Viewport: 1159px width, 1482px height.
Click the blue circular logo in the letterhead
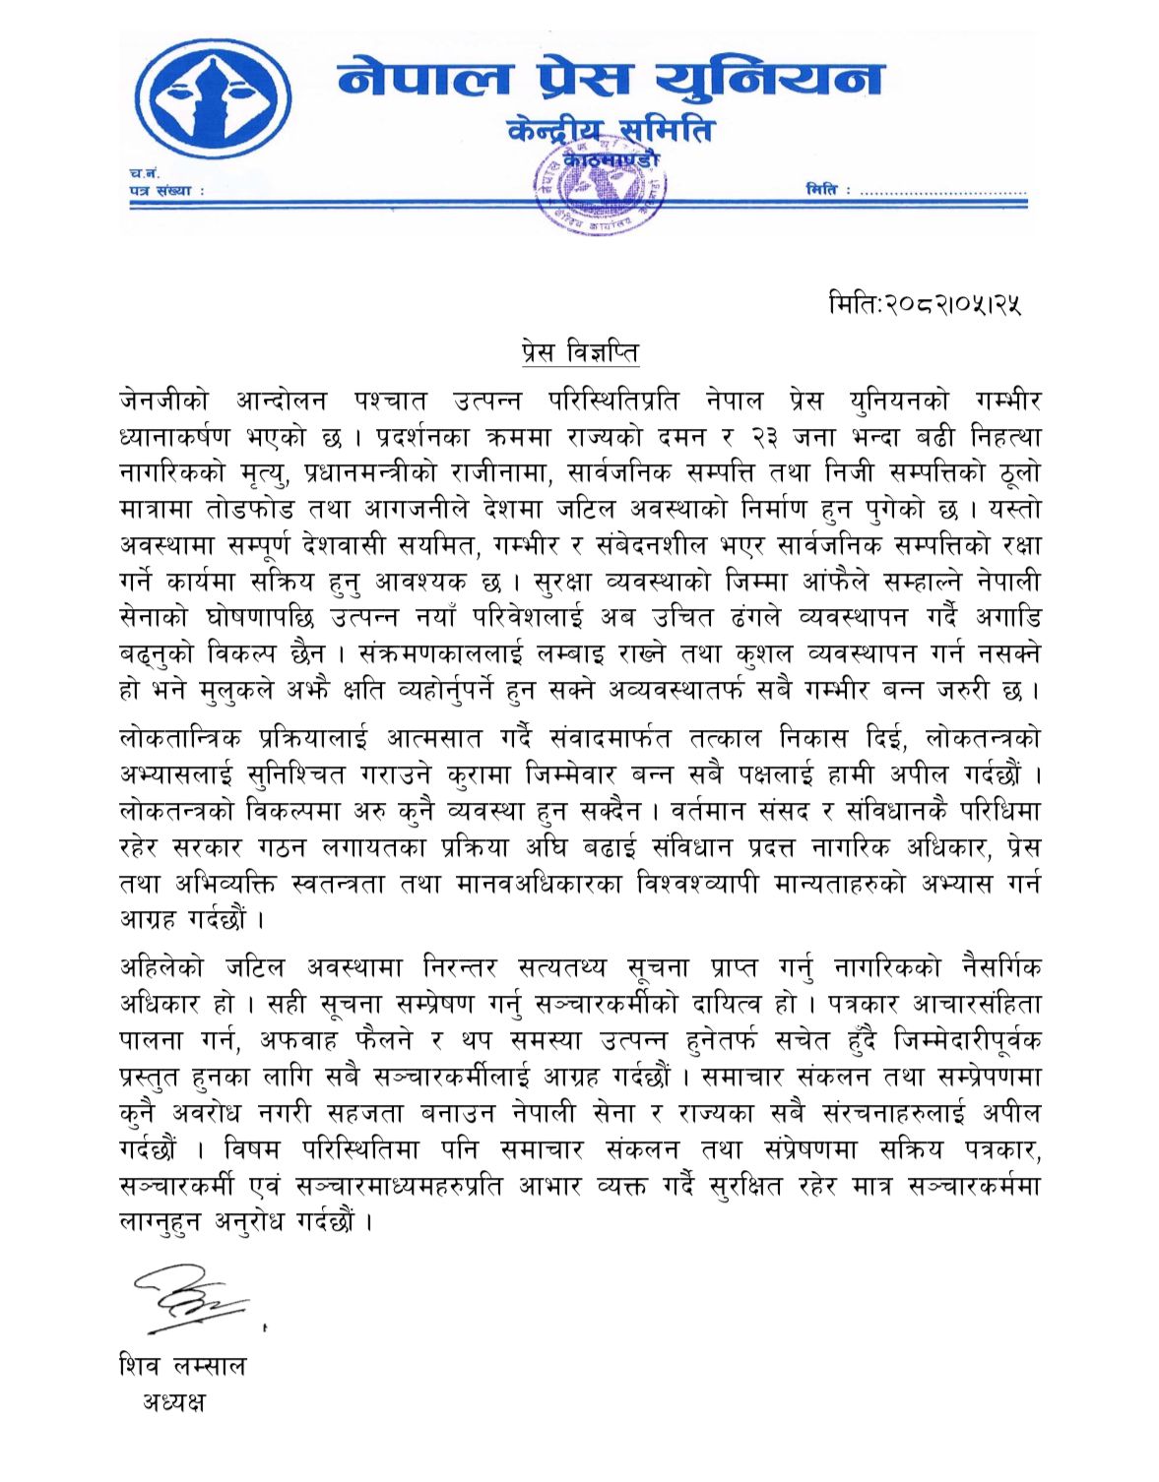click(x=213, y=101)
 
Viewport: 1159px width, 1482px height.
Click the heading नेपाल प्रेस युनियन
click(x=610, y=79)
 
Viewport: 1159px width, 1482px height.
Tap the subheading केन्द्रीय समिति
click(x=610, y=131)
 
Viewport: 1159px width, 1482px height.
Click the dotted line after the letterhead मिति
click(x=942, y=192)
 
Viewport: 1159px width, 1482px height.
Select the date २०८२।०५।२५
click(x=953, y=304)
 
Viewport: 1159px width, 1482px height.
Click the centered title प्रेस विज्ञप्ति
click(x=580, y=351)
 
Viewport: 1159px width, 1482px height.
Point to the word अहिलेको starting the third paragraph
click(x=161, y=968)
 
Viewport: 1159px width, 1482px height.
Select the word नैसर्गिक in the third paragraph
click(x=998, y=968)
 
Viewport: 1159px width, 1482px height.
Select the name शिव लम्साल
click(x=182, y=1366)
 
